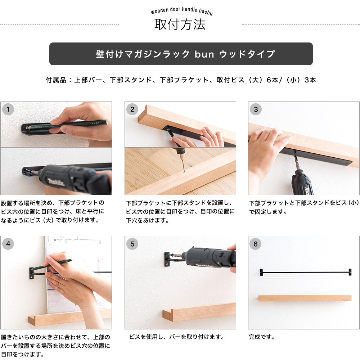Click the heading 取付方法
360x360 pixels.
[x=180, y=24]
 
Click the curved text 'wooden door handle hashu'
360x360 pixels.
[x=181, y=11]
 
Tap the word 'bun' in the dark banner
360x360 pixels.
[x=204, y=54]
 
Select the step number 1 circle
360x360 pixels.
[x=8, y=109]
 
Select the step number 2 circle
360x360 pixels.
[x=132, y=109]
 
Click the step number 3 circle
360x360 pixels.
[x=256, y=109]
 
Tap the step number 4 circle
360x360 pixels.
[x=8, y=244]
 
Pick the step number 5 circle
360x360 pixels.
[x=132, y=244]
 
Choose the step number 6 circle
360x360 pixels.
[x=256, y=244]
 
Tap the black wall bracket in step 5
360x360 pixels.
[x=168, y=259]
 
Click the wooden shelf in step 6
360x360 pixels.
[x=305, y=298]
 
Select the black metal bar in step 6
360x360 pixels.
[x=305, y=272]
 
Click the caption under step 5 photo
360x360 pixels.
[x=177, y=337]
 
